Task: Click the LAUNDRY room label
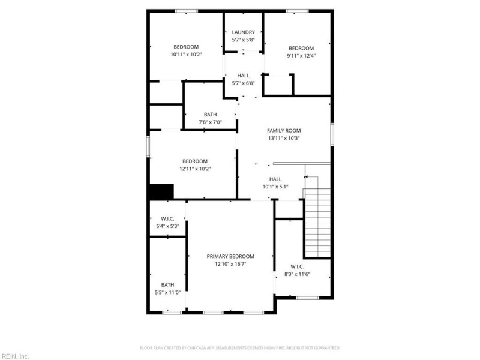point(243,32)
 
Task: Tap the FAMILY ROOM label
point(284,130)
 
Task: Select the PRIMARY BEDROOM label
point(230,256)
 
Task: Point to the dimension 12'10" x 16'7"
point(230,263)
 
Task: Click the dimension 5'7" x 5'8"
point(243,40)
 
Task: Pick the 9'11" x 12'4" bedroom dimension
point(301,56)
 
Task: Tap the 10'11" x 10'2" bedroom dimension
point(186,55)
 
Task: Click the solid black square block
point(161,192)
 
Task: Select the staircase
point(317,222)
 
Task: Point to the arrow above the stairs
point(307,177)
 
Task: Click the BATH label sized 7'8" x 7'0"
point(210,115)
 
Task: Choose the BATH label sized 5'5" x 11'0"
point(167,285)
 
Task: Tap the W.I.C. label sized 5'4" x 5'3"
point(167,218)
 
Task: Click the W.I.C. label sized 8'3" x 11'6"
point(297,266)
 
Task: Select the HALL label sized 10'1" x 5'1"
point(275,179)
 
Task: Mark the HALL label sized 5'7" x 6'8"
point(243,76)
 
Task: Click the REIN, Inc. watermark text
point(15,356)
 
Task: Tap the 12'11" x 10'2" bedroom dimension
point(195,169)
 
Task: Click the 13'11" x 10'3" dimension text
point(284,138)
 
